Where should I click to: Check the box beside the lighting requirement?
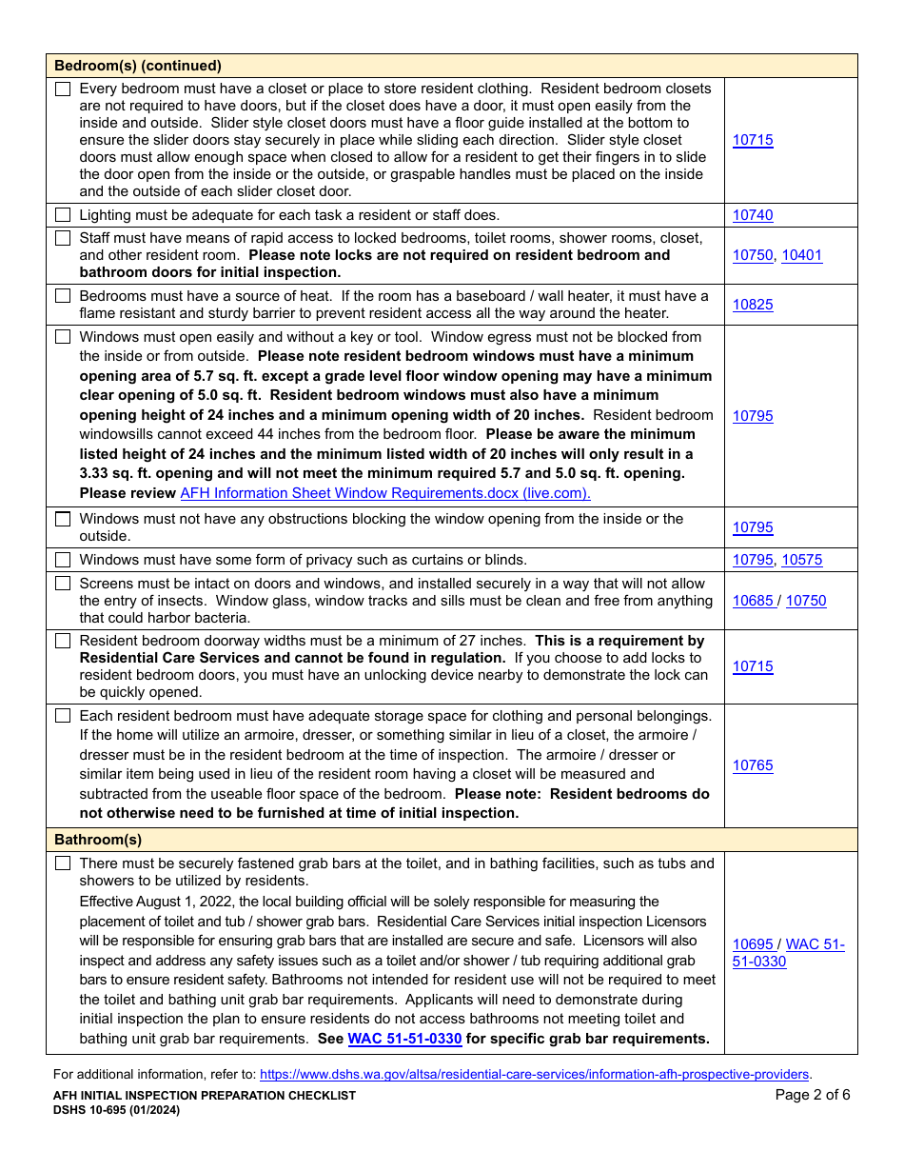[63, 215]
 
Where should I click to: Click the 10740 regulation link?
[753, 215]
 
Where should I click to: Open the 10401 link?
[802, 255]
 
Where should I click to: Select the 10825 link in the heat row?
[753, 305]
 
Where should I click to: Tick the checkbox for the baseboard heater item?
[63, 296]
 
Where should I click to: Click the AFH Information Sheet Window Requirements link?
[385, 493]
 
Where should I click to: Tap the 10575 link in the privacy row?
[802, 560]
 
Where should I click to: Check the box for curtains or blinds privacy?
[63, 560]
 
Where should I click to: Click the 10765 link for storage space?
[753, 765]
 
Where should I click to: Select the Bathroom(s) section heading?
[98, 840]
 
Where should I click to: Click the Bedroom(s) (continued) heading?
[138, 66]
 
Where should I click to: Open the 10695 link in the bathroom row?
[753, 944]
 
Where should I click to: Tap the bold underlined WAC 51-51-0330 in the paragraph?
[404, 1039]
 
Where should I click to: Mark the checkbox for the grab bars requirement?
[63, 863]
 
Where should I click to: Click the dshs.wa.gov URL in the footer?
[535, 1074]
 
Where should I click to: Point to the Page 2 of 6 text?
[813, 1095]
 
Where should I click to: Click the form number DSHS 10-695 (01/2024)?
[116, 1110]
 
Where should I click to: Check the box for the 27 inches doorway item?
[63, 641]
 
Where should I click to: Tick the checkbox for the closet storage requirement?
[63, 89]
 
